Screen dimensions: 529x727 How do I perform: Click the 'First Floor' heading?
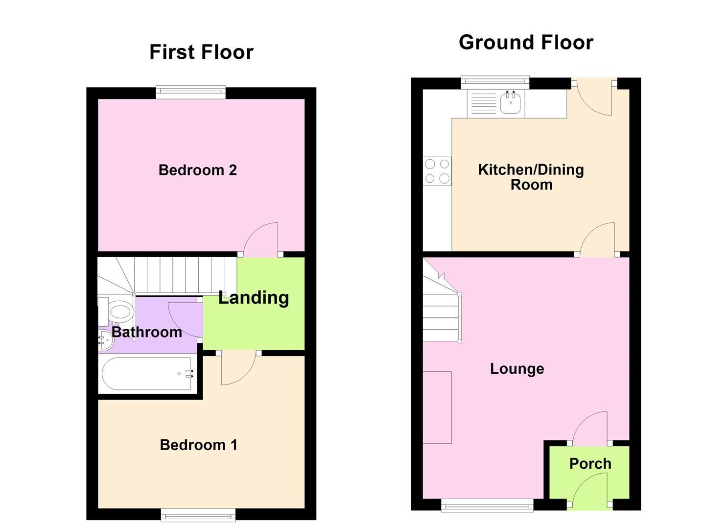click(201, 52)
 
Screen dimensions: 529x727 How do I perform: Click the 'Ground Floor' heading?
click(526, 43)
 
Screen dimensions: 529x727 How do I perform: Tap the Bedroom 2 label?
click(197, 170)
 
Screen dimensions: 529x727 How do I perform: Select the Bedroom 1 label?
click(198, 445)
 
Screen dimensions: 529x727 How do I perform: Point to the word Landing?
click(254, 297)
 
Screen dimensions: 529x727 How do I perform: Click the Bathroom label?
click(147, 332)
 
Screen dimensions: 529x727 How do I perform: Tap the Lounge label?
click(517, 368)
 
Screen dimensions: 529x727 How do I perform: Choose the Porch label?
click(590, 463)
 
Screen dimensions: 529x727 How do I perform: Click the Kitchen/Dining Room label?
click(531, 177)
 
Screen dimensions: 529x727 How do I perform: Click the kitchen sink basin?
click(511, 103)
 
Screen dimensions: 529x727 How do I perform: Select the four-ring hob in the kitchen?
click(437, 171)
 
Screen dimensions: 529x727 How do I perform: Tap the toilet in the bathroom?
click(120, 311)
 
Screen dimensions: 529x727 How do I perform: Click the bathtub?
click(147, 374)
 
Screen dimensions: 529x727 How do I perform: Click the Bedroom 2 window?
click(191, 92)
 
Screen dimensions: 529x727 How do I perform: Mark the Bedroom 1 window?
click(198, 514)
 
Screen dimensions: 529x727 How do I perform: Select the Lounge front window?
click(488, 505)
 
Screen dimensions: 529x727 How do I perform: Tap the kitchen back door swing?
click(593, 100)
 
